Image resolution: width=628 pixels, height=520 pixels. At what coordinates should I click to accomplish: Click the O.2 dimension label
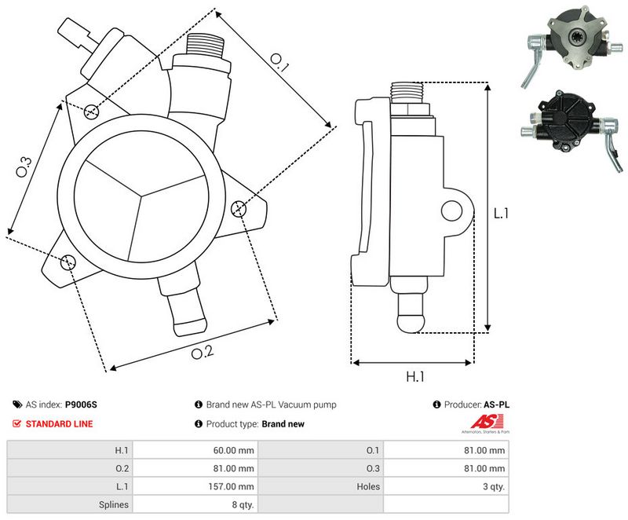202,352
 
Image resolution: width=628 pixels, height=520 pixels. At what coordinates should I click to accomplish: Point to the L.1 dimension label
503,213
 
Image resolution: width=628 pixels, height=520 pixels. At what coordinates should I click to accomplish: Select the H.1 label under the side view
415,376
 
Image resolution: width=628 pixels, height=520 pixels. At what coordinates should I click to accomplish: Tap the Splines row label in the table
115,505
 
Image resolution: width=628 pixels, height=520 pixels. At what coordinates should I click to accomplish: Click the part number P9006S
81,405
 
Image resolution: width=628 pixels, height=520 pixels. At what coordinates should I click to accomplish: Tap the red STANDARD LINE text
59,424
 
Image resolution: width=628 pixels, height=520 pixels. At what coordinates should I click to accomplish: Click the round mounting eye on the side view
451,210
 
